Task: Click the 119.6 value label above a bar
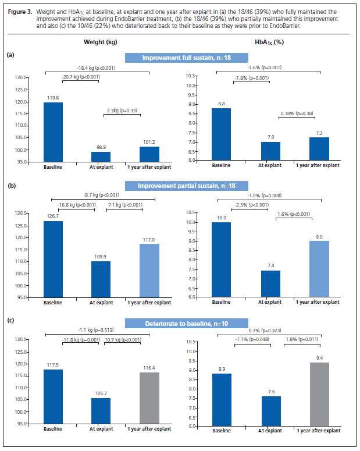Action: (54, 98)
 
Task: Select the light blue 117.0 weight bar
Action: (149, 270)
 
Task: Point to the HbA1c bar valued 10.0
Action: (222, 260)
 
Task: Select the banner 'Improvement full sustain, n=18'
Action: (179, 58)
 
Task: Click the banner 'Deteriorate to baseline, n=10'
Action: (179, 324)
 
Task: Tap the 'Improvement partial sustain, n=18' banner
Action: (179, 186)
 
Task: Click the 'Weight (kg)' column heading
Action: (99, 42)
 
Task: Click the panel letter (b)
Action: (10, 186)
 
